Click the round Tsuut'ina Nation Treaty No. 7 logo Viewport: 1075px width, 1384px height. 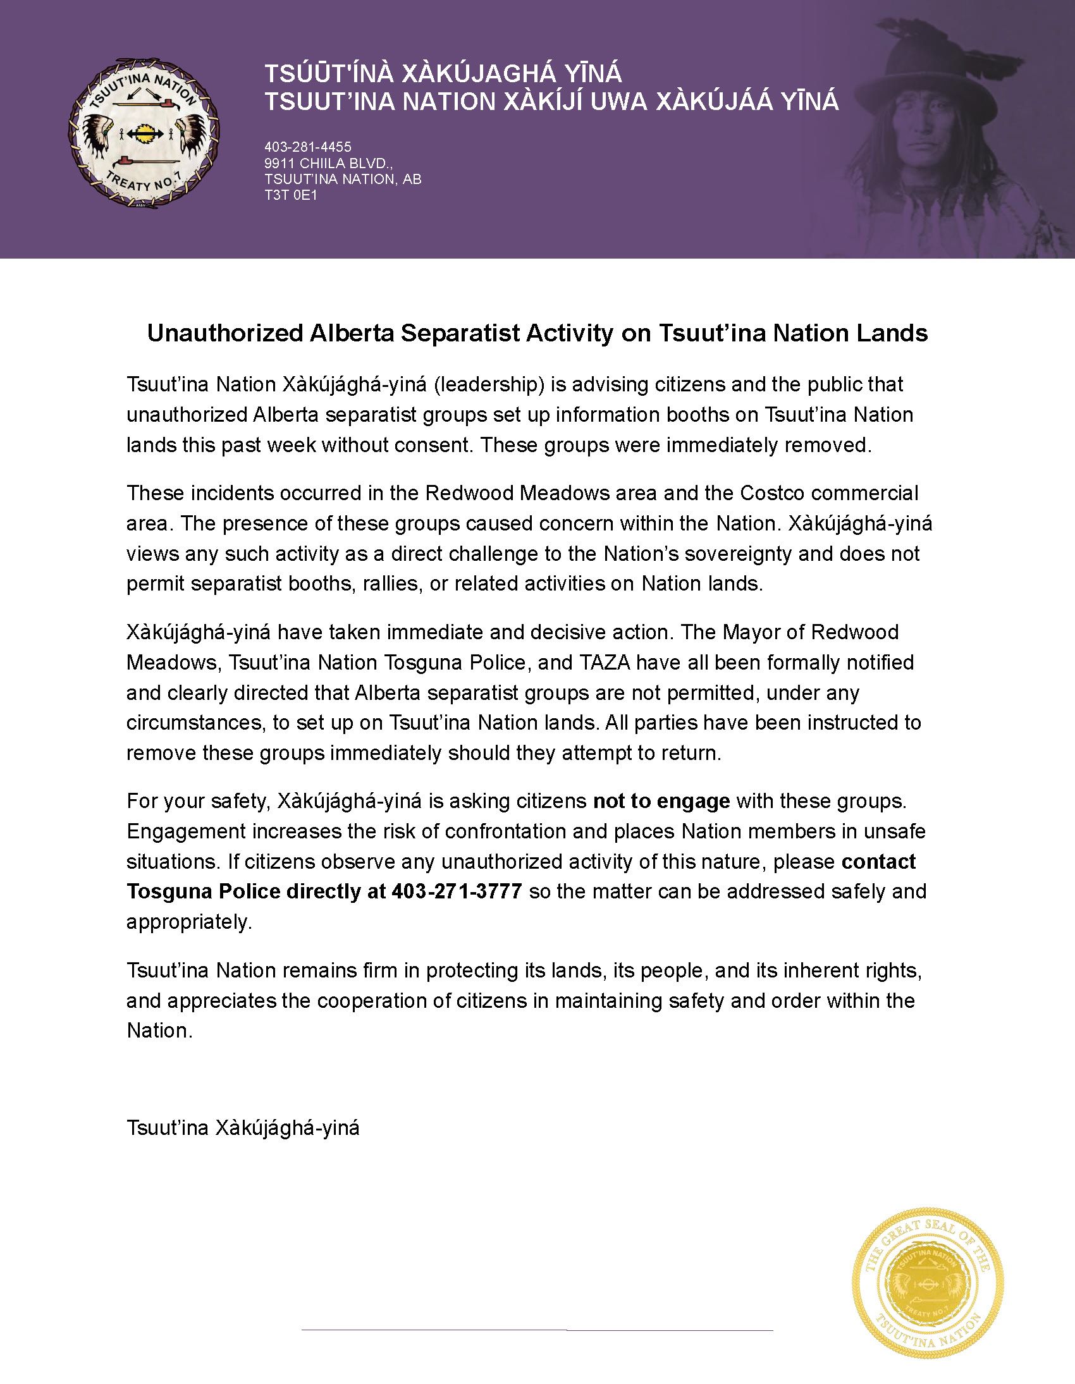(x=144, y=133)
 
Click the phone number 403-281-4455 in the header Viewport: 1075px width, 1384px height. (x=308, y=147)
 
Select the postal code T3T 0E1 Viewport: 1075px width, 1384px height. (x=291, y=195)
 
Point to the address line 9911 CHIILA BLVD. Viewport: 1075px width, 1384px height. (x=328, y=164)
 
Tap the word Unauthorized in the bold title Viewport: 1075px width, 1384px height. (x=225, y=333)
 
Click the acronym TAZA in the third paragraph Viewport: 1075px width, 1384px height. (x=605, y=662)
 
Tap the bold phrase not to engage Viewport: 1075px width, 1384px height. (x=661, y=801)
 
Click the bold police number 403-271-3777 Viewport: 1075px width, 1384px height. (x=457, y=891)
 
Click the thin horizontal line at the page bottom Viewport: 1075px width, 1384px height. (x=537, y=1330)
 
